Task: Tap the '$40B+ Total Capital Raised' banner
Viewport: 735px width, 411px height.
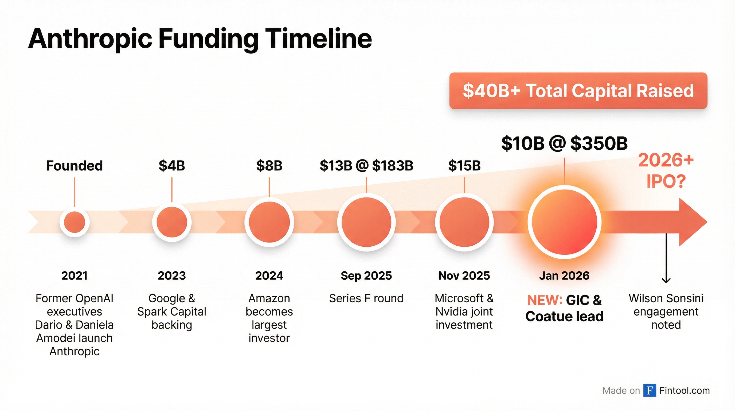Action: pos(578,91)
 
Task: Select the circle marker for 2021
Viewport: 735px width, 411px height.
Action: pos(75,222)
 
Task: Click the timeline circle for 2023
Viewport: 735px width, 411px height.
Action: pos(172,222)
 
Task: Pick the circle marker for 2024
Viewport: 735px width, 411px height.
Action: pos(269,222)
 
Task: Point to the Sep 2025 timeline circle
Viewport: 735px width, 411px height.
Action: pos(366,222)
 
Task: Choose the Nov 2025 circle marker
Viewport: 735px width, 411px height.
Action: pos(464,222)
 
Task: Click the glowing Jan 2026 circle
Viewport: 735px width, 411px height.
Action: pos(564,222)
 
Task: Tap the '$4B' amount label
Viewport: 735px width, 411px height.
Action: pos(172,166)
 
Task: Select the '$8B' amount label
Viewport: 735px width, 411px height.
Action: pos(269,166)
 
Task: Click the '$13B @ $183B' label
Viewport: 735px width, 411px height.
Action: pos(366,166)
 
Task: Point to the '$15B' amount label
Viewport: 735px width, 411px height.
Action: pos(464,166)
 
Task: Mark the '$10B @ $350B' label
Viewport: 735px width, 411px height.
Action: pos(564,143)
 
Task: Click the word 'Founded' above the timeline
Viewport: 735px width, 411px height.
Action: pos(75,166)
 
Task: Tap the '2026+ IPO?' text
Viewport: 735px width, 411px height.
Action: pos(666,171)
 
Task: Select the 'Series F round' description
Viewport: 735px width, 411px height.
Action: pos(366,298)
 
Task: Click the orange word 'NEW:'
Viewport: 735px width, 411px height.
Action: pos(544,300)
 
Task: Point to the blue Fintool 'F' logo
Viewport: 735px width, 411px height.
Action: pos(650,390)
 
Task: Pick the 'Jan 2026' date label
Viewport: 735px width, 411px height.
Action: pos(564,276)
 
